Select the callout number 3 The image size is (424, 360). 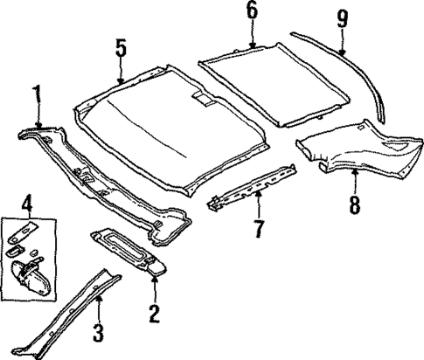tap(99, 333)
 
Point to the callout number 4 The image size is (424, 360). tap(27, 206)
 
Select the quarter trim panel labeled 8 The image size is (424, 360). tap(350, 153)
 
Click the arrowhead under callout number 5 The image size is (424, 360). tap(121, 83)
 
